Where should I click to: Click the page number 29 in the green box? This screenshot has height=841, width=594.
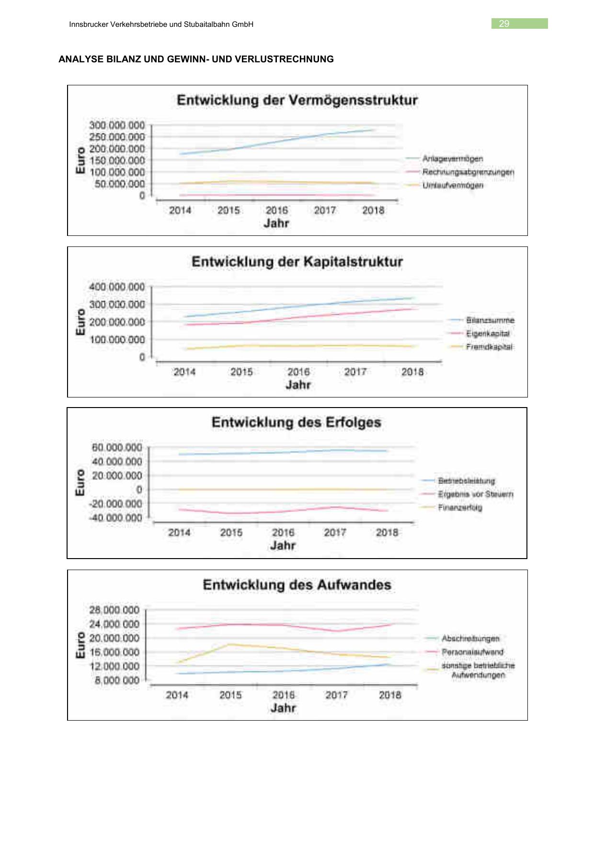[x=504, y=24]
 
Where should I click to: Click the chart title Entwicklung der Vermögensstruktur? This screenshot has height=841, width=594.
[x=297, y=100]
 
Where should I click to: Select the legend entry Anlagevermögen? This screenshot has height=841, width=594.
[x=452, y=159]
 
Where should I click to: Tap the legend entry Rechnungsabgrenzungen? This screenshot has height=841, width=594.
[x=468, y=172]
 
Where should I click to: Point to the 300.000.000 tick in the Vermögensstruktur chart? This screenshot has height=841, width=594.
[x=116, y=125]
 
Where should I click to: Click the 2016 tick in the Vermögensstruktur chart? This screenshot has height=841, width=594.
[x=277, y=210]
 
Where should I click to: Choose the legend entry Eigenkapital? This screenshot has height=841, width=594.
[x=488, y=334]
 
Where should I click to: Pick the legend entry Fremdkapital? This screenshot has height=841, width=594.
[x=489, y=347]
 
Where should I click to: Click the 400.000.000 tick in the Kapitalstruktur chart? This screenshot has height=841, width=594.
[x=116, y=287]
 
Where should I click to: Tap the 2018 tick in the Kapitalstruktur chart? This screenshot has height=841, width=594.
[x=412, y=372]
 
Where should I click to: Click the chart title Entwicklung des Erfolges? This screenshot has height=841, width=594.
[x=297, y=422]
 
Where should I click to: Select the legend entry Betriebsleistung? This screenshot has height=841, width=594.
[x=466, y=481]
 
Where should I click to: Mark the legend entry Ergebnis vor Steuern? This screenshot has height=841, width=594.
[x=475, y=494]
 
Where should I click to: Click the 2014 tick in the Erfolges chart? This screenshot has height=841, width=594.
[x=179, y=533]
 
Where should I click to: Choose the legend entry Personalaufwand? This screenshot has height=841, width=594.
[x=472, y=652]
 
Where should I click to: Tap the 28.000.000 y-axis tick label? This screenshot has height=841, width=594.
[x=114, y=610]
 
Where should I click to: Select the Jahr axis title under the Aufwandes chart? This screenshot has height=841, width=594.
[x=283, y=708]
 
